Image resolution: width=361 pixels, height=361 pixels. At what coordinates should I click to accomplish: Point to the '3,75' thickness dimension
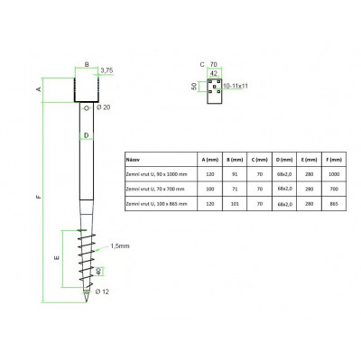tap(106, 69)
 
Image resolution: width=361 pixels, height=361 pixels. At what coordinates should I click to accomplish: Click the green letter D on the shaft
tap(86, 136)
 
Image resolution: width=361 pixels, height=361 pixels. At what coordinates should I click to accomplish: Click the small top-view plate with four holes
tap(215, 88)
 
